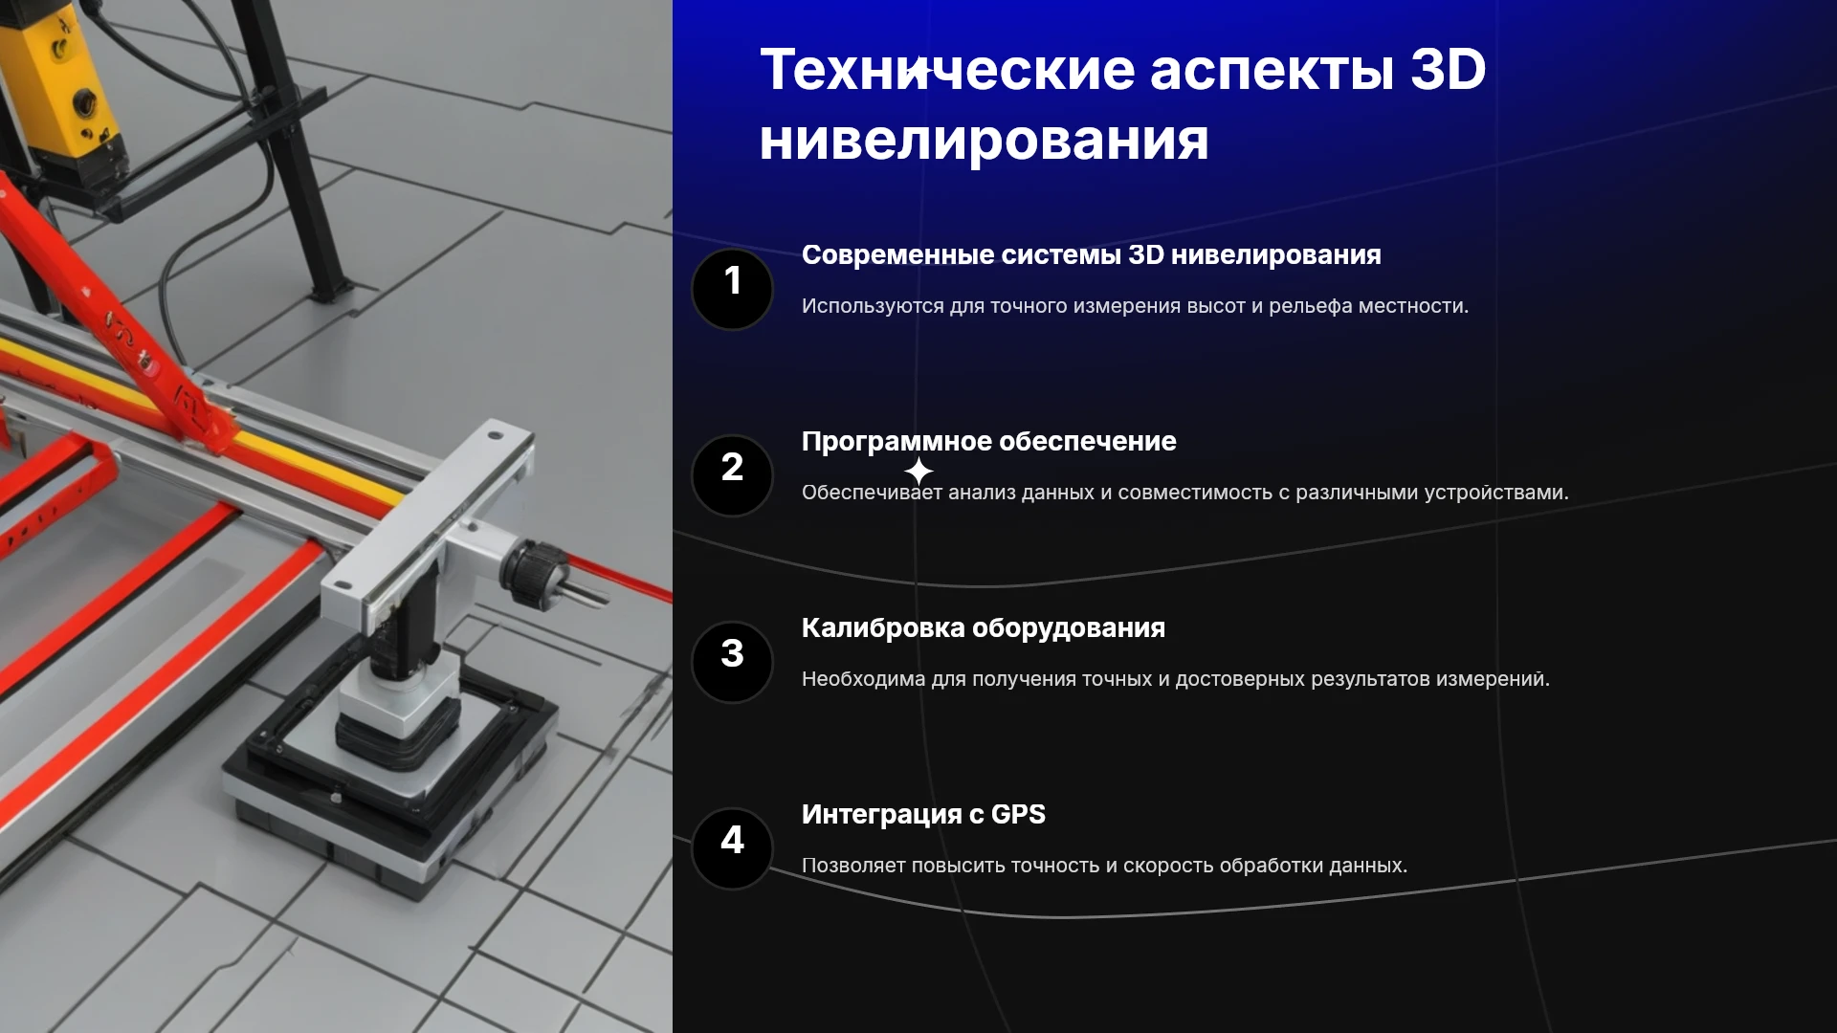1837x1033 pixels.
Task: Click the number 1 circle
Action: [732, 290]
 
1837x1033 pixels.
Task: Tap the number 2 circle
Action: [732, 476]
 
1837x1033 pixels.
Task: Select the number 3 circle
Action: [732, 663]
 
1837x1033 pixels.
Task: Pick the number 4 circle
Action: [732, 849]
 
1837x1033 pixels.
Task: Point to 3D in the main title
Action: [1449, 70]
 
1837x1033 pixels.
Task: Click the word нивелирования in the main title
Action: [984, 141]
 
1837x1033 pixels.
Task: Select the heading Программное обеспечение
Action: [988, 442]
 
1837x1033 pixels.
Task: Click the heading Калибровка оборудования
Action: [983, 628]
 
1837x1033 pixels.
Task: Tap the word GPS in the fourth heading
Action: [1018, 814]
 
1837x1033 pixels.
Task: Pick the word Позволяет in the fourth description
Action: [852, 866]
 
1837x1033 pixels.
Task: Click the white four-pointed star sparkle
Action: [918, 472]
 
